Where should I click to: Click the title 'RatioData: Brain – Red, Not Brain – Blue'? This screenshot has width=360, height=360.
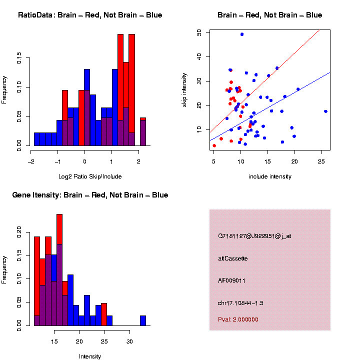[90, 15]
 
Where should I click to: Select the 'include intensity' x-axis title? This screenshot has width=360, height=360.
[269, 176]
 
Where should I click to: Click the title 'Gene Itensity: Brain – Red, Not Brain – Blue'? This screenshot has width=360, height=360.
[90, 195]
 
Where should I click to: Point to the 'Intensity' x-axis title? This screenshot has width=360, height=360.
[89, 356]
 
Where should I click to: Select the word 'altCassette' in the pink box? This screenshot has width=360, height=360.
[232, 258]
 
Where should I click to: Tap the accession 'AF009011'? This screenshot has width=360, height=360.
[231, 280]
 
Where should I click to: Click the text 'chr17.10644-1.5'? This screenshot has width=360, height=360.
[240, 303]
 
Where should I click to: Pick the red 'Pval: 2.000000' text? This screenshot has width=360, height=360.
[238, 319]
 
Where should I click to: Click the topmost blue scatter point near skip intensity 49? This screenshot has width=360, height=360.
[242, 34]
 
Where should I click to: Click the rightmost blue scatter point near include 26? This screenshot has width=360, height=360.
[325, 111]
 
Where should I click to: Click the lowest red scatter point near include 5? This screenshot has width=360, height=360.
[214, 145]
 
